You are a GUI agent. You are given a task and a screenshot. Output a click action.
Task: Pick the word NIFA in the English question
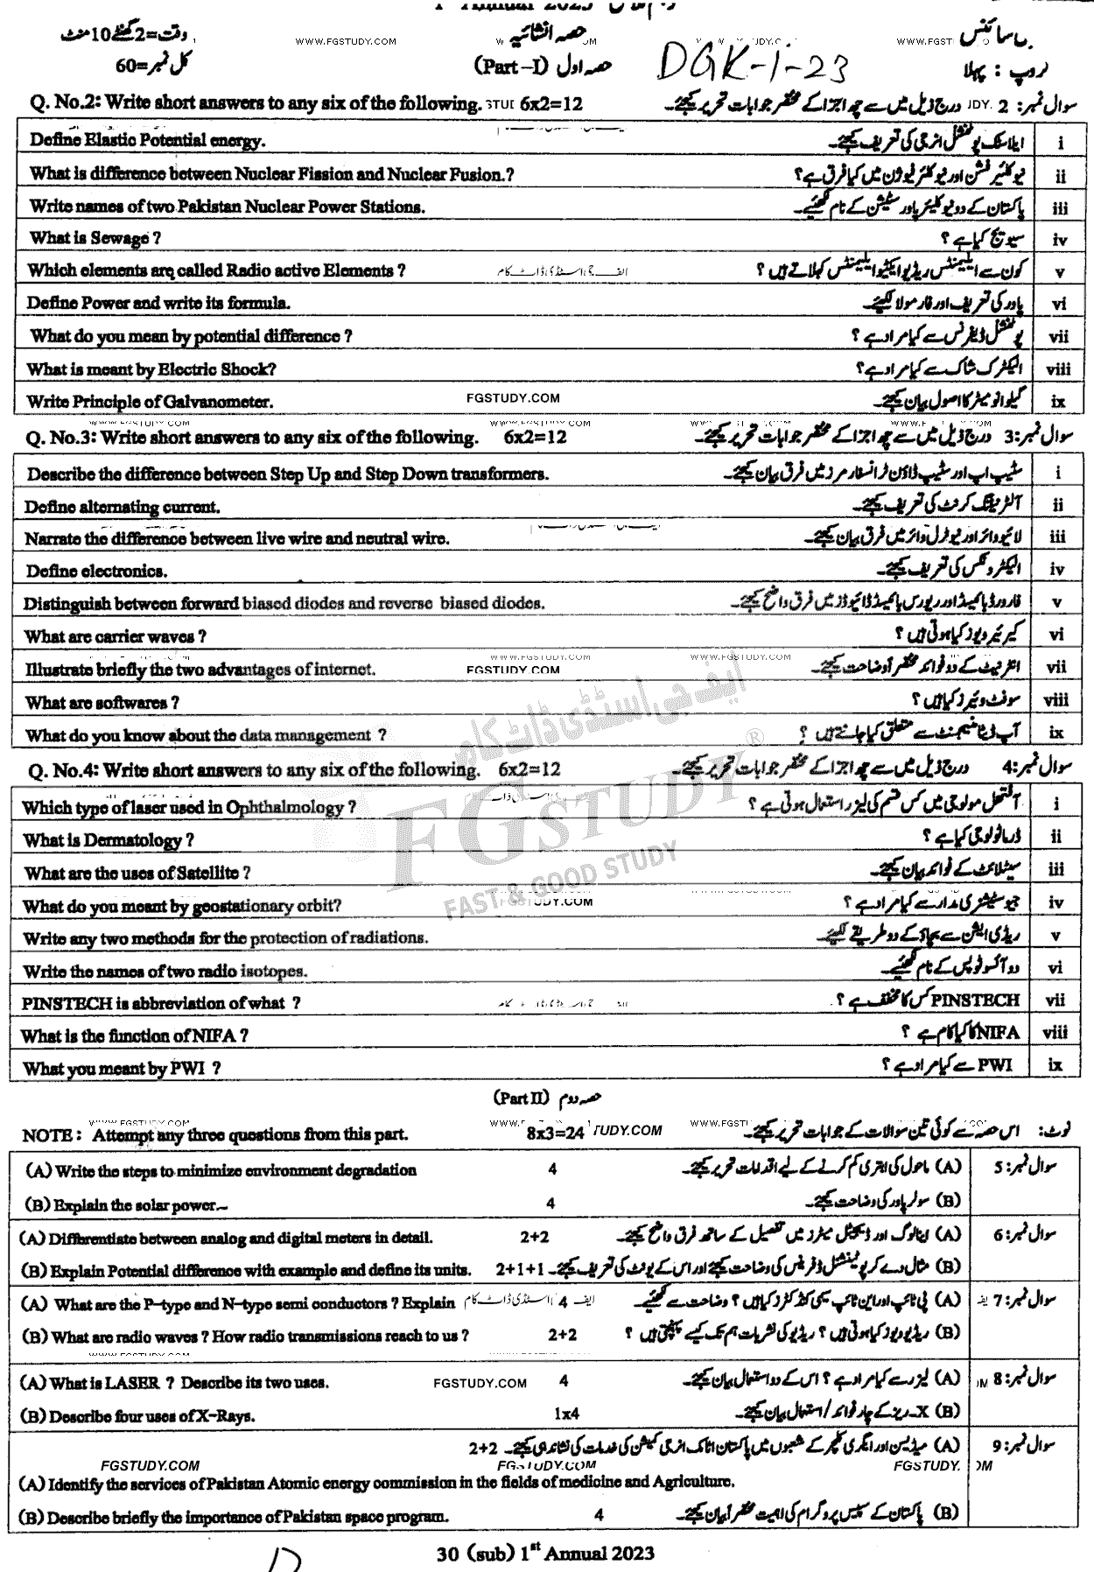coord(216,1035)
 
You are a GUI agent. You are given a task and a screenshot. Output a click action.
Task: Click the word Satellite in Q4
coord(207,873)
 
